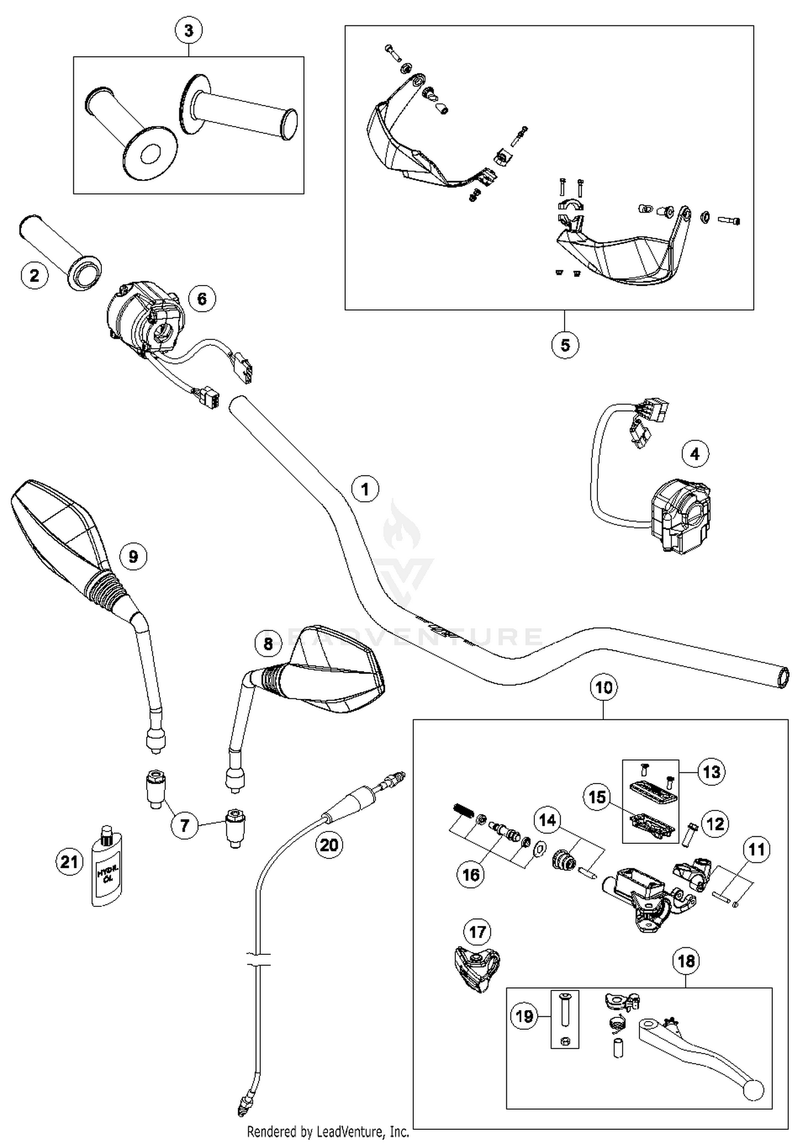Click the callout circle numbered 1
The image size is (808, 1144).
365,489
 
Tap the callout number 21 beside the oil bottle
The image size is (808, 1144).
69,863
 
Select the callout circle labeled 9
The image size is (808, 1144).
133,556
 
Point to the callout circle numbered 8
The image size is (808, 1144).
268,643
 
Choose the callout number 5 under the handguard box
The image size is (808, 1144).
565,345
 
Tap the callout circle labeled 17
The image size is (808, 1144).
477,932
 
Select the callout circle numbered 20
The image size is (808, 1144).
329,844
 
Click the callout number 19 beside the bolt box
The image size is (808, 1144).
524,1016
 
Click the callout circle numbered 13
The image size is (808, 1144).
712,772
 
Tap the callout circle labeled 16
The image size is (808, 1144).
471,875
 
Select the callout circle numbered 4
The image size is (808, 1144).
695,454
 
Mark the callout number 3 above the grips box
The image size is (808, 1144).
189,31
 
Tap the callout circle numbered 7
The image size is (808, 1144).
185,825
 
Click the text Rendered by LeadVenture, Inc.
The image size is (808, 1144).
328,1132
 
